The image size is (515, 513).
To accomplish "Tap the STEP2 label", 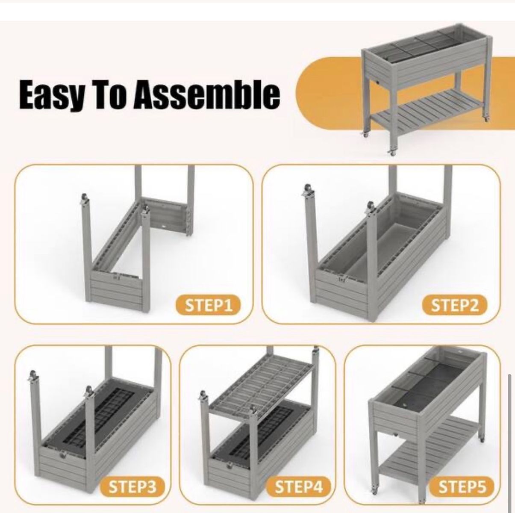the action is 454,305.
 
